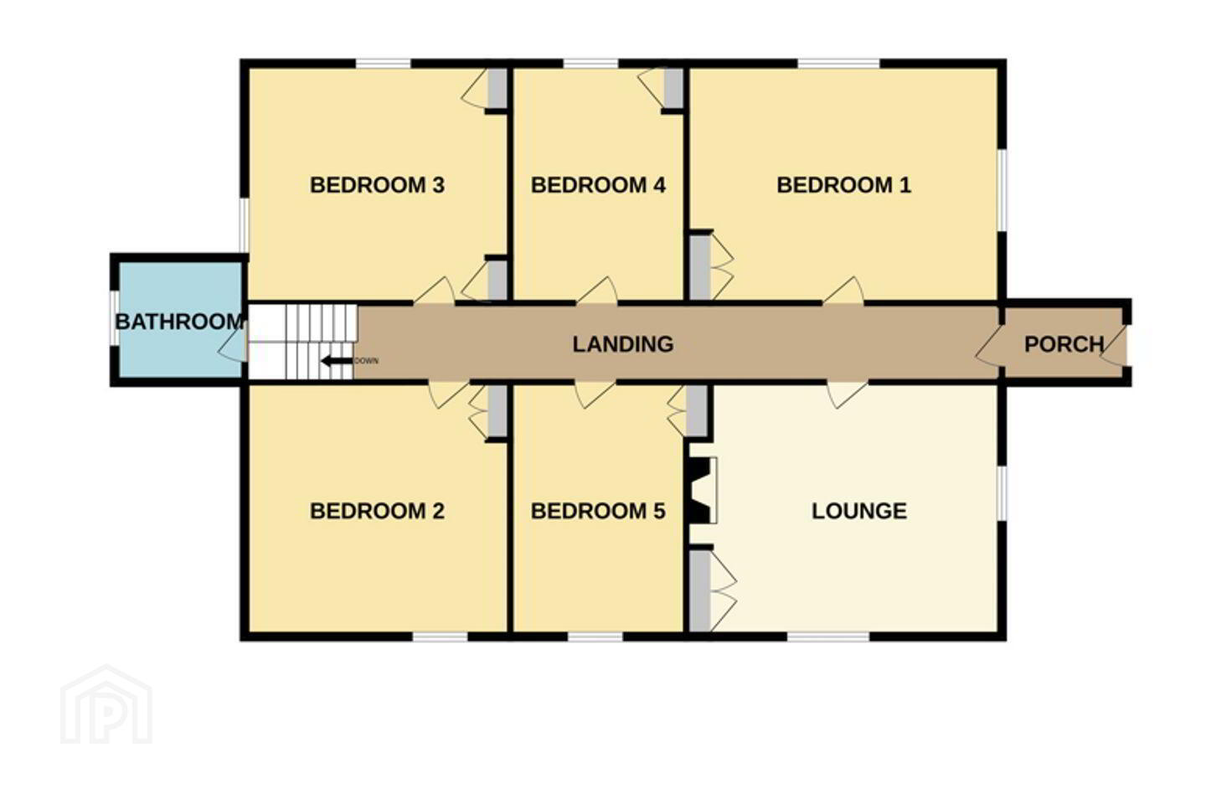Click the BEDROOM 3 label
[377, 185]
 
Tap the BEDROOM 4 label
[598, 185]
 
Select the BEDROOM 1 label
[843, 185]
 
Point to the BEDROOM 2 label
[377, 511]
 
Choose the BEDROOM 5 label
[598, 511]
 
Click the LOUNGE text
[859, 511]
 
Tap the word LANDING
[623, 344]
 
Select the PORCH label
[1064, 344]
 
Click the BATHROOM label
[179, 322]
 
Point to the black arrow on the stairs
[337, 361]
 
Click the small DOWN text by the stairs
[367, 361]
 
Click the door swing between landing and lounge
[847, 394]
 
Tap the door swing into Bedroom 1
[843, 291]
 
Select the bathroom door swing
[232, 345]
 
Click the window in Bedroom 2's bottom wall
[441, 637]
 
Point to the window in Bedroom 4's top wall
[590, 64]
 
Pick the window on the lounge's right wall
[1002, 493]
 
